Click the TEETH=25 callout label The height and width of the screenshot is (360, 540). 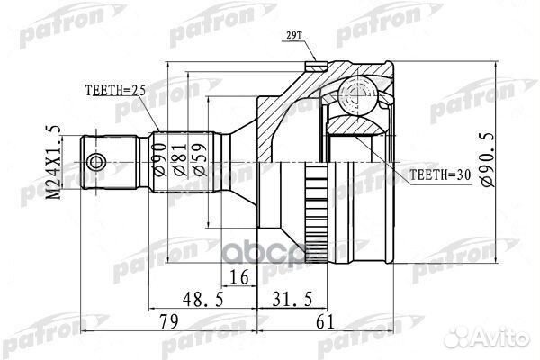(115, 91)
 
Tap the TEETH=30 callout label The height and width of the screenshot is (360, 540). (440, 175)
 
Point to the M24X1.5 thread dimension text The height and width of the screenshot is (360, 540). (54, 163)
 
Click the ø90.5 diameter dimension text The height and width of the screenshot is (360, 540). (488, 159)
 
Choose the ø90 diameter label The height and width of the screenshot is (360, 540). (160, 160)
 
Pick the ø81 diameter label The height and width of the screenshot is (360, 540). (180, 160)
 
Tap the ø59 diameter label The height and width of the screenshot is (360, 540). (200, 160)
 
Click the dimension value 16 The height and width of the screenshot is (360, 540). (239, 277)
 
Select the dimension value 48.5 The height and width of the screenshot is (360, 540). (203, 299)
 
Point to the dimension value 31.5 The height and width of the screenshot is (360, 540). (292, 299)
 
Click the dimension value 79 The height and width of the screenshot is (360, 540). (169, 322)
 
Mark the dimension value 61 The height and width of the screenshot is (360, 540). (325, 322)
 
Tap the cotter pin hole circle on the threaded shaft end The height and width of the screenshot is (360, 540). (96, 163)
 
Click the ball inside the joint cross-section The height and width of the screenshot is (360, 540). (356, 94)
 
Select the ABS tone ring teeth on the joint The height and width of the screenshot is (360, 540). (317, 213)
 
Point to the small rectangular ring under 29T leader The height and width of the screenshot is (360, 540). (317, 66)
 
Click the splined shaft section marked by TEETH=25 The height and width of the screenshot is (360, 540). (184, 162)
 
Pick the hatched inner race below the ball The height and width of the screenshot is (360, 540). (356, 124)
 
